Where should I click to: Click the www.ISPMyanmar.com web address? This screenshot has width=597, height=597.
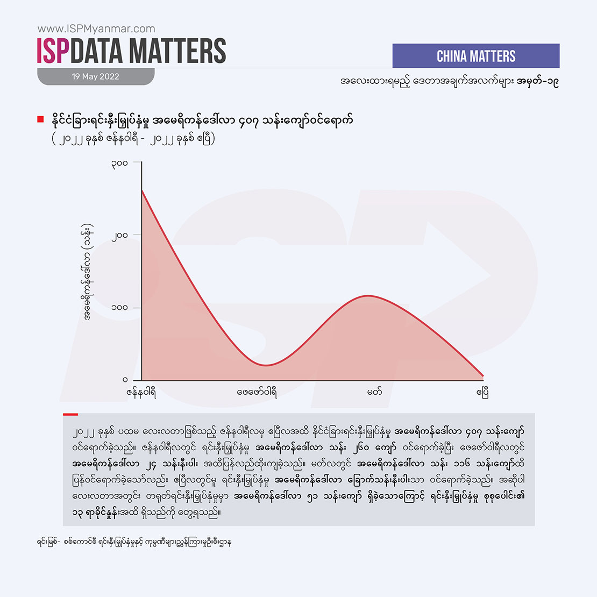click(96, 29)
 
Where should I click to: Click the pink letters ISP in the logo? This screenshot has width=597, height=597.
click(53, 51)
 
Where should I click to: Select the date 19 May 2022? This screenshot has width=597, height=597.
click(96, 76)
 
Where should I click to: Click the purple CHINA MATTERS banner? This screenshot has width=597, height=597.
click(476, 56)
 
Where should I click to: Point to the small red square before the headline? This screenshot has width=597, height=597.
click(40, 119)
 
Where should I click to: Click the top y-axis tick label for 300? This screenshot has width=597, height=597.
click(119, 162)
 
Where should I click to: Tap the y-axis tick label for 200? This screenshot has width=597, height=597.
click(119, 235)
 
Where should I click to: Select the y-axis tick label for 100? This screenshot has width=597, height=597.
click(119, 308)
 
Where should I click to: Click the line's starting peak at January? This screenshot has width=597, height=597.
click(142, 190)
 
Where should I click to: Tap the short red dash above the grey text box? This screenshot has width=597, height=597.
click(70, 414)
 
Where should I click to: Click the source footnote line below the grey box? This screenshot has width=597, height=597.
click(134, 542)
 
